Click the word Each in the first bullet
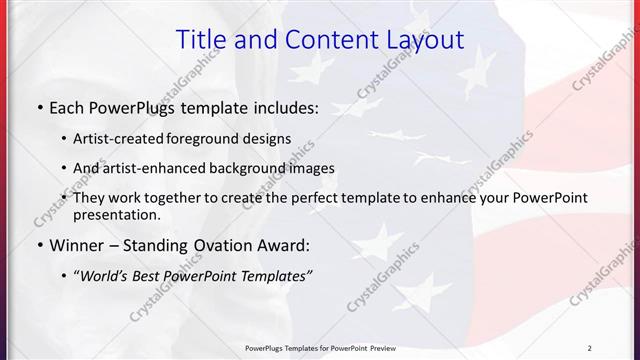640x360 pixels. point(67,107)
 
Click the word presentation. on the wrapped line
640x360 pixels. point(117,214)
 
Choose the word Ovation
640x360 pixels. point(222,245)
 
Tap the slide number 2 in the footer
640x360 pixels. point(590,348)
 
